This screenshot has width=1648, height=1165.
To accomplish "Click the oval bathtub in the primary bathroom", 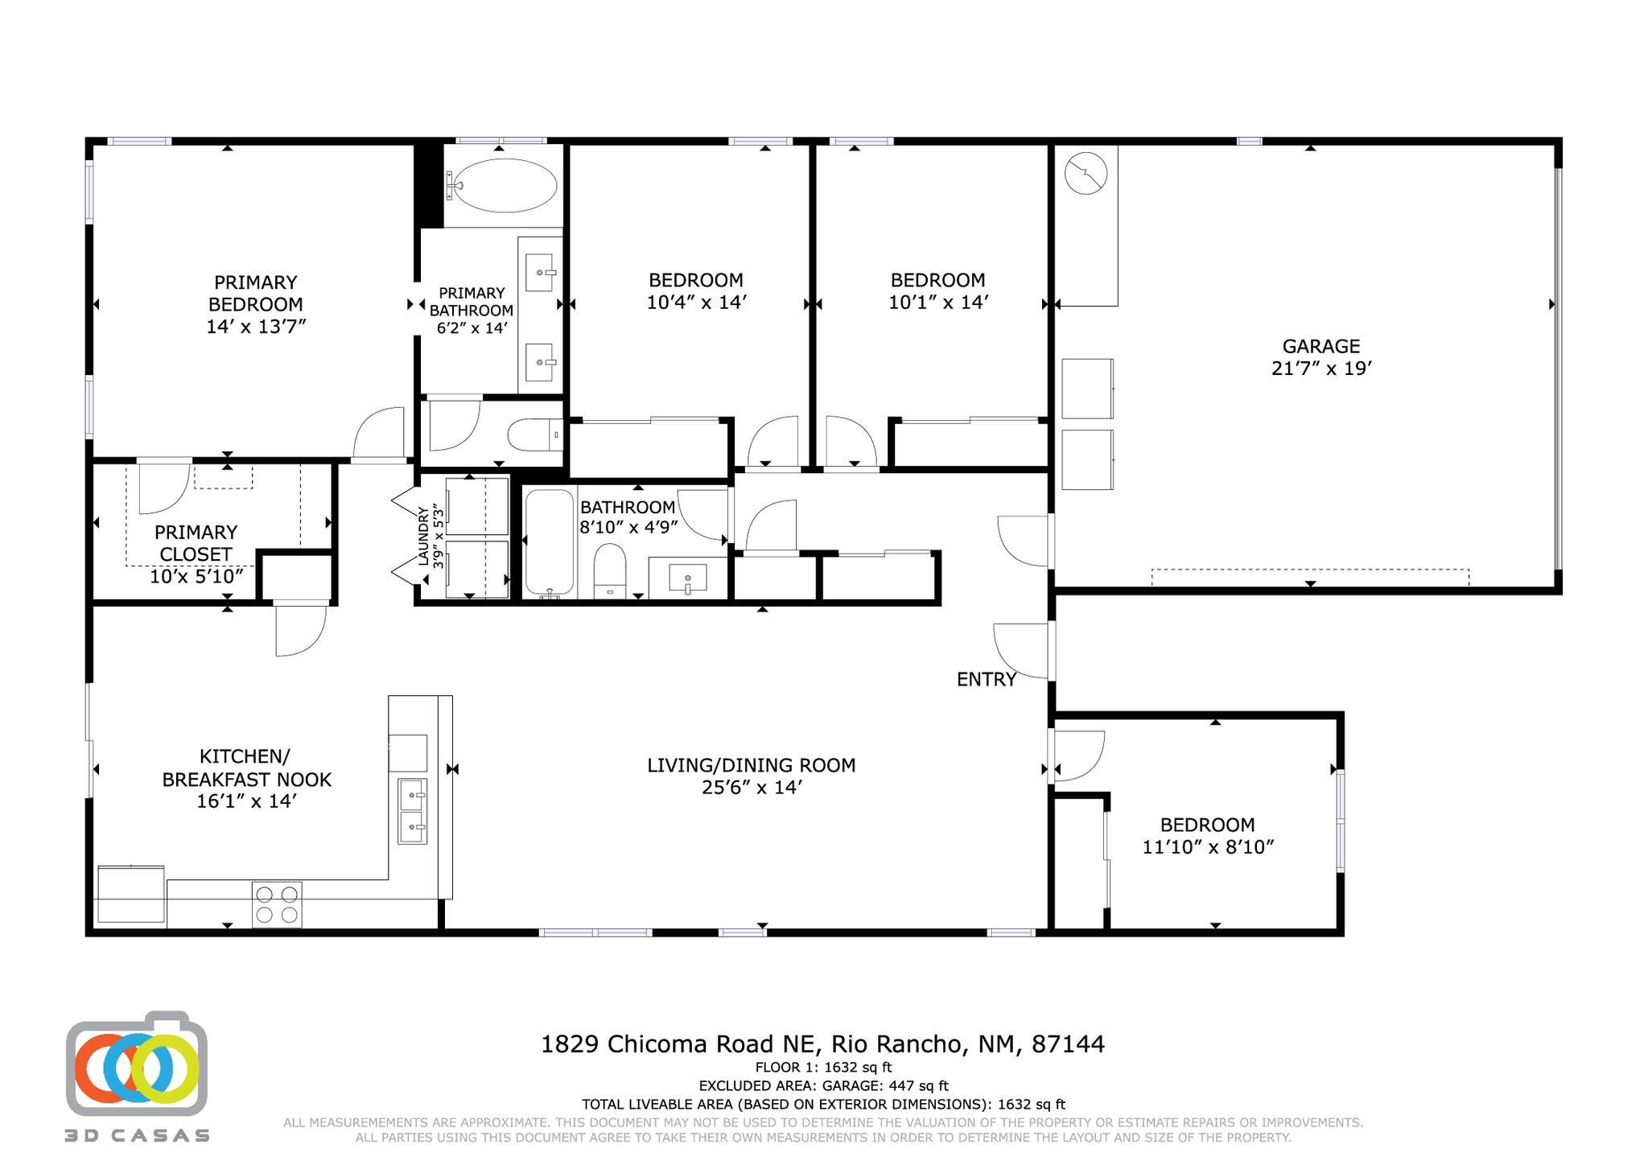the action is pos(502,185).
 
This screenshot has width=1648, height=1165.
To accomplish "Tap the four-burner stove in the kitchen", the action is pos(277,904).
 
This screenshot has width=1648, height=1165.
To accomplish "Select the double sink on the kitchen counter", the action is pos(413,811).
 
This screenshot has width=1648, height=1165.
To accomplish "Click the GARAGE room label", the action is pos(1320,346).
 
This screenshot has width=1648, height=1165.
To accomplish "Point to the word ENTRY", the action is pos(987,679).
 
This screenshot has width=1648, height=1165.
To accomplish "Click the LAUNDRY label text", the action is pos(423,536).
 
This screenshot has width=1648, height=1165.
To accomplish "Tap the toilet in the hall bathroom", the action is pos(611,570).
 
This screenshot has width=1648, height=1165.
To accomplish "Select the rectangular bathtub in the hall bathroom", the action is pos(550,543).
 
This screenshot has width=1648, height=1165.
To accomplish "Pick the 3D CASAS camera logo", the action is pos(137,1064).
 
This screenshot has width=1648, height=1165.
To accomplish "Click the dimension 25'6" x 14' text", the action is pos(752,788).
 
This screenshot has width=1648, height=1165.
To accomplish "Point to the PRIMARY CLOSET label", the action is pos(196,543).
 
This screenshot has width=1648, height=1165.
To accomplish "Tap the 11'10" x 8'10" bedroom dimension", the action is pos(1208,847).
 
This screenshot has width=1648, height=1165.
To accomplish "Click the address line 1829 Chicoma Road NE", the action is pos(680,1044).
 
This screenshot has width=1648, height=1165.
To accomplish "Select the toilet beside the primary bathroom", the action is pos(535,435).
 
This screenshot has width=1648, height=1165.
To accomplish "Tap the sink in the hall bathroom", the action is pos(687,578).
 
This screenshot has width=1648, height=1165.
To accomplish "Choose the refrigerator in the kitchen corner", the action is pos(131,894).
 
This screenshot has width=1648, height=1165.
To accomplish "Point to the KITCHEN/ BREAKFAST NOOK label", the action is pos(246,768).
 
